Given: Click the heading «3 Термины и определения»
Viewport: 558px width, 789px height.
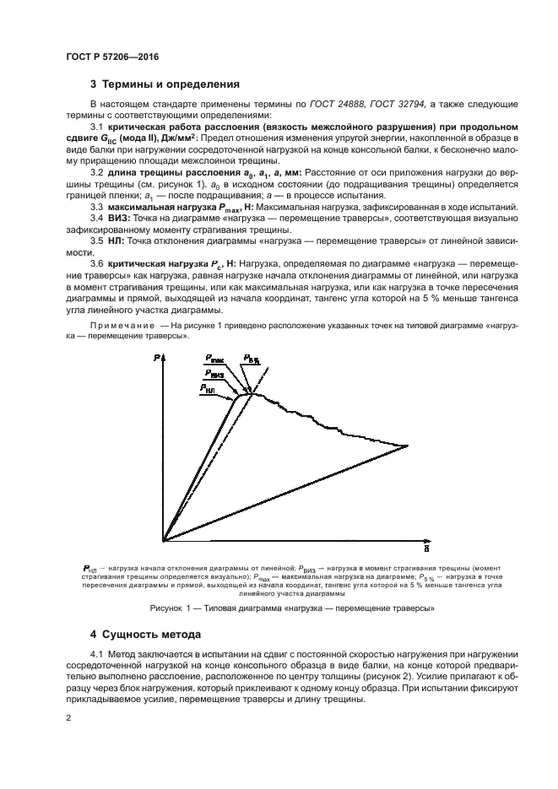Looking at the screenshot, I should click(x=165, y=84).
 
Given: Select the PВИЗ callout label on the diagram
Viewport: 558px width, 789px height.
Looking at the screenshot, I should click(x=214, y=373).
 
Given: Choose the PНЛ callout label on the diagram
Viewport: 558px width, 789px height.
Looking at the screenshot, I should click(x=209, y=386).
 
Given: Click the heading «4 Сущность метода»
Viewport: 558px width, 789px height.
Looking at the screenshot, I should click(x=149, y=633).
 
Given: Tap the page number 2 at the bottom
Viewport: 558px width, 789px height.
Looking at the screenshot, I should click(x=69, y=717).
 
